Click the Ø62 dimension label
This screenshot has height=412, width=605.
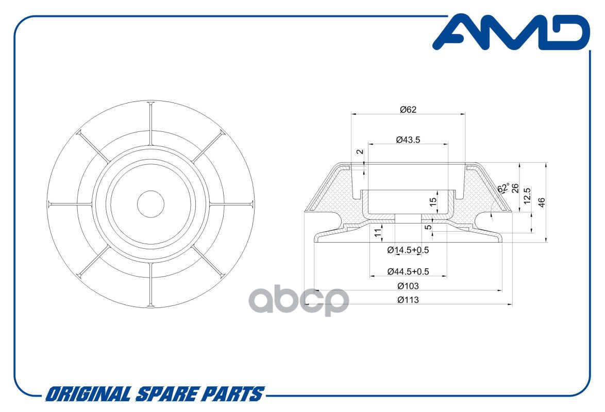tap(408, 110)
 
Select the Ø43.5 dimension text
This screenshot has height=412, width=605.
tap(408, 140)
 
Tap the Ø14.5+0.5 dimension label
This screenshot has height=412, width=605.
tap(408, 250)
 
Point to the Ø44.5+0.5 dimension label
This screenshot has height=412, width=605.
tap(408, 271)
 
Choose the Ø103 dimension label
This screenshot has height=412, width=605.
tap(408, 286)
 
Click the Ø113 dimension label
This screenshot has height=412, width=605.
tap(408, 300)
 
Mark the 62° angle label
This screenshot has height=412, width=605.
tap(503, 187)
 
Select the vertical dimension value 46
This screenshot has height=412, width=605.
tap(542, 202)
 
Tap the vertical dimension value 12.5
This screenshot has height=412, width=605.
tap(528, 195)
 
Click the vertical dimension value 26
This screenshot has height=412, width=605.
tap(515, 188)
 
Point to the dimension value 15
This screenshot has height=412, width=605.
tap(433, 201)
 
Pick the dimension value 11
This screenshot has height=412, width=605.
tap(378, 232)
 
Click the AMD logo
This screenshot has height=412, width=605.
tap(511, 32)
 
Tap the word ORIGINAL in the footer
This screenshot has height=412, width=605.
tap(88, 394)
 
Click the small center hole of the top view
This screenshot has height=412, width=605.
tap(151, 204)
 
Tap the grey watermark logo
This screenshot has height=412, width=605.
tap(299, 301)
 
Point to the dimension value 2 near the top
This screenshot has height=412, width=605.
tap(360, 152)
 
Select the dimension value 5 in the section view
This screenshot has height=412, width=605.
tap(428, 227)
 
